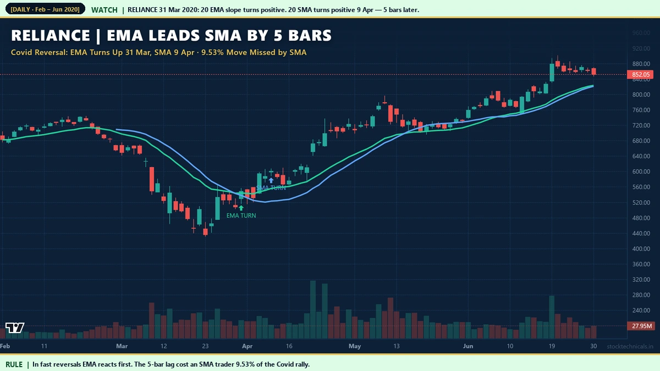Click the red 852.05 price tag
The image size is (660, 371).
point(641,74)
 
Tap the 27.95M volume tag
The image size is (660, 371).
point(641,326)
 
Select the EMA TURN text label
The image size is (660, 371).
point(241,215)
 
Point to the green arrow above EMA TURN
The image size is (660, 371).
point(241,207)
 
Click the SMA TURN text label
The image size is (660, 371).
point(271,188)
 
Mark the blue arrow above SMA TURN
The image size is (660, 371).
point(271,180)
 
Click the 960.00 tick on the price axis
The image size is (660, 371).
point(641,33)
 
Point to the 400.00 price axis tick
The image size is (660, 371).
point(641,248)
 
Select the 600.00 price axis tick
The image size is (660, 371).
point(641,171)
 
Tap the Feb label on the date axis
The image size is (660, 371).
point(5,346)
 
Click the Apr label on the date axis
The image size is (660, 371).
point(248,346)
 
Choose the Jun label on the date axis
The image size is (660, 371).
point(468,346)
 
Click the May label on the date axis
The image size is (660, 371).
point(355,346)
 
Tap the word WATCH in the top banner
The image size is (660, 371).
point(104,9)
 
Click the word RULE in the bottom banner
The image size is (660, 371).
point(14,364)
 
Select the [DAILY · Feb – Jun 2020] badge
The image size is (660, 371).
point(45,9)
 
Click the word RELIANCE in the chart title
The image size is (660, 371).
point(51,36)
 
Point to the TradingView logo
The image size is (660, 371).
point(15,328)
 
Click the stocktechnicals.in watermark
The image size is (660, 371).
point(630,346)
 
